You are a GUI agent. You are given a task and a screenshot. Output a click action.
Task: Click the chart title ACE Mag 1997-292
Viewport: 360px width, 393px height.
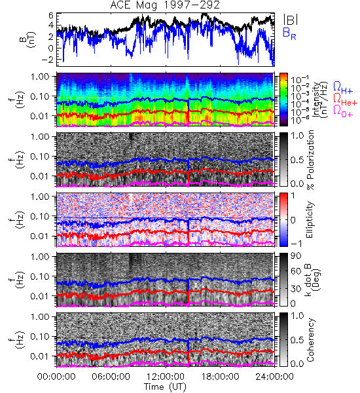click(165, 5)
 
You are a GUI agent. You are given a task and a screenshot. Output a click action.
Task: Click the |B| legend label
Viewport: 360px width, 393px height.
click(291, 19)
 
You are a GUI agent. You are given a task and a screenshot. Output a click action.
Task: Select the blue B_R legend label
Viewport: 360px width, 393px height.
click(289, 33)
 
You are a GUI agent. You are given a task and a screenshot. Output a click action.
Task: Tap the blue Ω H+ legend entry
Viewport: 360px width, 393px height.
click(343, 88)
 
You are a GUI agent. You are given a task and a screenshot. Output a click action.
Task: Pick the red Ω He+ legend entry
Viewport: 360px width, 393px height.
click(345, 100)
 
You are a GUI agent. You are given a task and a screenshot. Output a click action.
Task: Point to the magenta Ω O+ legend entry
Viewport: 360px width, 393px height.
click(343, 111)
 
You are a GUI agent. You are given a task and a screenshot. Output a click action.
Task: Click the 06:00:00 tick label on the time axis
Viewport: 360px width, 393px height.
click(111, 377)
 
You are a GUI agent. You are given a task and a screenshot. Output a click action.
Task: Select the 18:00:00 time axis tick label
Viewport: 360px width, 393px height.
click(220, 377)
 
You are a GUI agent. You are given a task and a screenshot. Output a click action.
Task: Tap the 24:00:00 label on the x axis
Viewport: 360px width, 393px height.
click(274, 377)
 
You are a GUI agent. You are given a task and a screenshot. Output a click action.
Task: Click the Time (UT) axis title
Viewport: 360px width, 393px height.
click(165, 386)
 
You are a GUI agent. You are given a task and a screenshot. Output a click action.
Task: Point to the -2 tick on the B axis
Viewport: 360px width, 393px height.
click(48, 59)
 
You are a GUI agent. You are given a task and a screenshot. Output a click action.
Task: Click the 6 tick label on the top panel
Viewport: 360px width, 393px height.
click(51, 16)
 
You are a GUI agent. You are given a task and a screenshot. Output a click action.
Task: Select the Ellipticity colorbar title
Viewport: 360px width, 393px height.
click(310, 219)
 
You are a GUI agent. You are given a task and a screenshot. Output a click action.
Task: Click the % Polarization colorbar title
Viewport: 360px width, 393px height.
click(310, 160)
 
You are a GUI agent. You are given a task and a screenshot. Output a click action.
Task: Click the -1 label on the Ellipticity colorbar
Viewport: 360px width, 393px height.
click(296, 244)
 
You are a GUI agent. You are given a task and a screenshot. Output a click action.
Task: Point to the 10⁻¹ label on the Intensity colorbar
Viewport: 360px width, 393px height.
click(297, 80)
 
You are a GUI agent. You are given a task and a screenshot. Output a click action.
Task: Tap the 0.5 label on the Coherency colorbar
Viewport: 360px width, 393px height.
click(297, 340)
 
